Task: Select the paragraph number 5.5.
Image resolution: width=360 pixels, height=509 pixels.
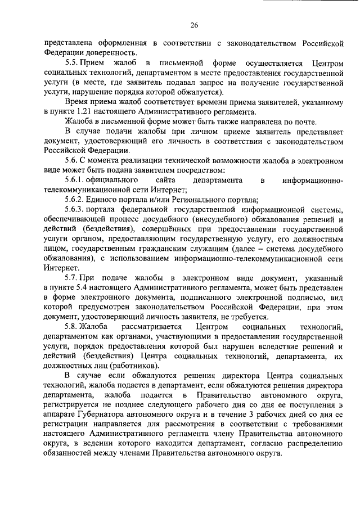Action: (73, 63)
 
